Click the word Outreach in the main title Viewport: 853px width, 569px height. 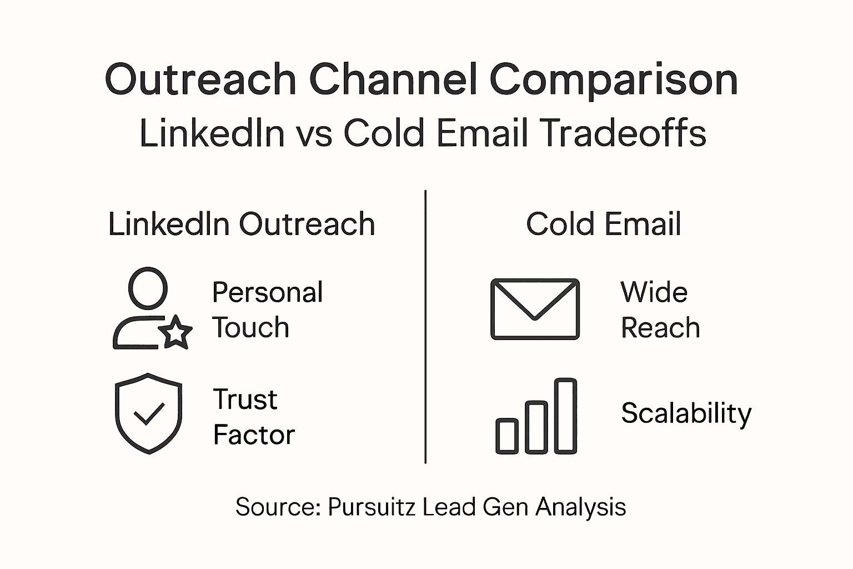pos(200,79)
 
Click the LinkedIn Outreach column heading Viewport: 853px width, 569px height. pos(242,224)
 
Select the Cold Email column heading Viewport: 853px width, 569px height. pos(604,224)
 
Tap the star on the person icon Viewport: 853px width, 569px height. pos(176,332)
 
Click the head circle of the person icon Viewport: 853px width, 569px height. pos(148,287)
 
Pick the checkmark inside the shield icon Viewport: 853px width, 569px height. pos(149,413)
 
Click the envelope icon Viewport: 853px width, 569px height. pos(535,309)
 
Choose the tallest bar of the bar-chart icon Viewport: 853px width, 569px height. pos(566,416)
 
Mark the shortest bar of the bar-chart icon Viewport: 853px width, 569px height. pos(507,436)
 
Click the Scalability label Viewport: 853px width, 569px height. pos(686,413)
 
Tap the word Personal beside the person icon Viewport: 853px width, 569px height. pos(267,293)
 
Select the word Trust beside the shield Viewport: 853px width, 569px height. pos(245,399)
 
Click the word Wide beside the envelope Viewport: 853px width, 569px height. pos(654,292)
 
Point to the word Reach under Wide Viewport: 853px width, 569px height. pos(660,328)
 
